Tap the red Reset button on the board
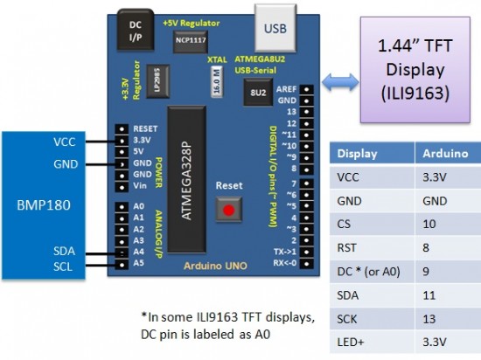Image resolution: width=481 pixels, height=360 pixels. coord(229,210)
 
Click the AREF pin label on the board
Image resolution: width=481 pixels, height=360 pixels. coord(284,89)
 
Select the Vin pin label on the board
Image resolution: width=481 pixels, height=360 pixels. coord(141,185)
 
